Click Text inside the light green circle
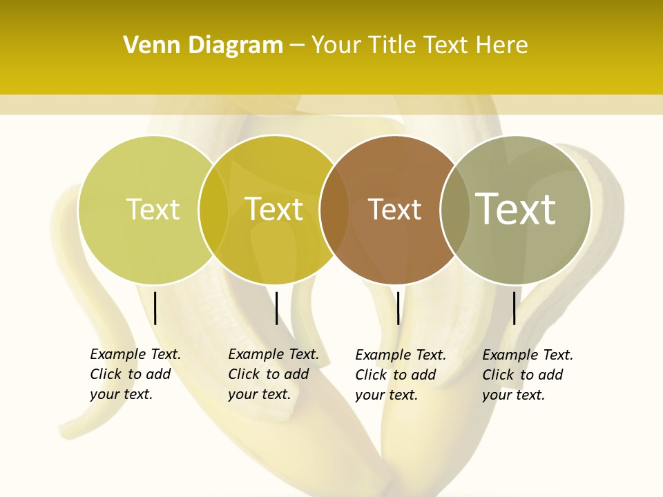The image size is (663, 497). click(x=153, y=209)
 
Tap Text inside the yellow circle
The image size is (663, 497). click(x=274, y=209)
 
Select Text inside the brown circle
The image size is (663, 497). click(x=394, y=210)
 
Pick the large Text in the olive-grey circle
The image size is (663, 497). click(x=516, y=208)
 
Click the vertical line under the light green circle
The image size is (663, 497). click(x=155, y=308)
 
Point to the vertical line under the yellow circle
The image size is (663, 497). click(x=276, y=308)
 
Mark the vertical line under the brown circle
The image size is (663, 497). click(x=398, y=308)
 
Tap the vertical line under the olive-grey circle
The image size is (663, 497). click(x=515, y=308)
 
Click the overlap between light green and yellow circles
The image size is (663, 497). click(x=213, y=210)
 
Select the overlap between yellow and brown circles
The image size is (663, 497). click(x=334, y=210)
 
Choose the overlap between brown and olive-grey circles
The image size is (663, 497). click(x=454, y=210)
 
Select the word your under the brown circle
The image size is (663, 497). click(x=369, y=395)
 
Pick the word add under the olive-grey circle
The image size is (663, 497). click(x=550, y=375)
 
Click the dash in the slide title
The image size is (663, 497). click(x=297, y=46)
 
